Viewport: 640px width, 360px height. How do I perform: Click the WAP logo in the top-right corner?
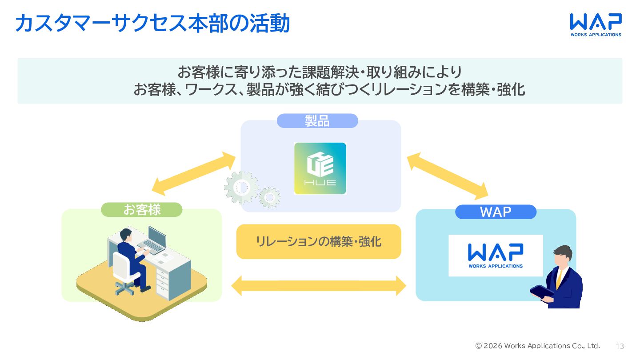pyautogui.click(x=596, y=24)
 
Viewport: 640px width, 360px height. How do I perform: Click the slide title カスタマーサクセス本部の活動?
pyautogui.click(x=152, y=23)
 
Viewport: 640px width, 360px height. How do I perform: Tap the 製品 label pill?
pyautogui.click(x=317, y=121)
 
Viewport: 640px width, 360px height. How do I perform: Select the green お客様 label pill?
pyautogui.click(x=142, y=210)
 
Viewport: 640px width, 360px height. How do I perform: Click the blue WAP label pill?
pyautogui.click(x=496, y=212)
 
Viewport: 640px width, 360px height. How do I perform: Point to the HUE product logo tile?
pyautogui.click(x=320, y=168)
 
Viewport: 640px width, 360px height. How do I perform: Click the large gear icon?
pyautogui.click(x=241, y=188)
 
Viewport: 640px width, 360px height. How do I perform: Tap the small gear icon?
pyautogui.click(x=269, y=197)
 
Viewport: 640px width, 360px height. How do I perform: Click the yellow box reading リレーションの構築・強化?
pyautogui.click(x=319, y=241)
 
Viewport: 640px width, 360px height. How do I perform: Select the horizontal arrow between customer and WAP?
pyautogui.click(x=319, y=285)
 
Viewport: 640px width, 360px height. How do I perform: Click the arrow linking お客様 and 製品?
pyautogui.click(x=193, y=173)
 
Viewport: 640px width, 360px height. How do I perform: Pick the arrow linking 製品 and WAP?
pyautogui.click(x=448, y=175)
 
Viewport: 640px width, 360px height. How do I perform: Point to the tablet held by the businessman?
pyautogui.click(x=541, y=292)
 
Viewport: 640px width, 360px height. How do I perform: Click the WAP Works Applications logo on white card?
pyautogui.click(x=496, y=256)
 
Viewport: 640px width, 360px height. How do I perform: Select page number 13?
pyautogui.click(x=620, y=346)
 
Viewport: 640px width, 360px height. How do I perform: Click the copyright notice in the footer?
pyautogui.click(x=537, y=346)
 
